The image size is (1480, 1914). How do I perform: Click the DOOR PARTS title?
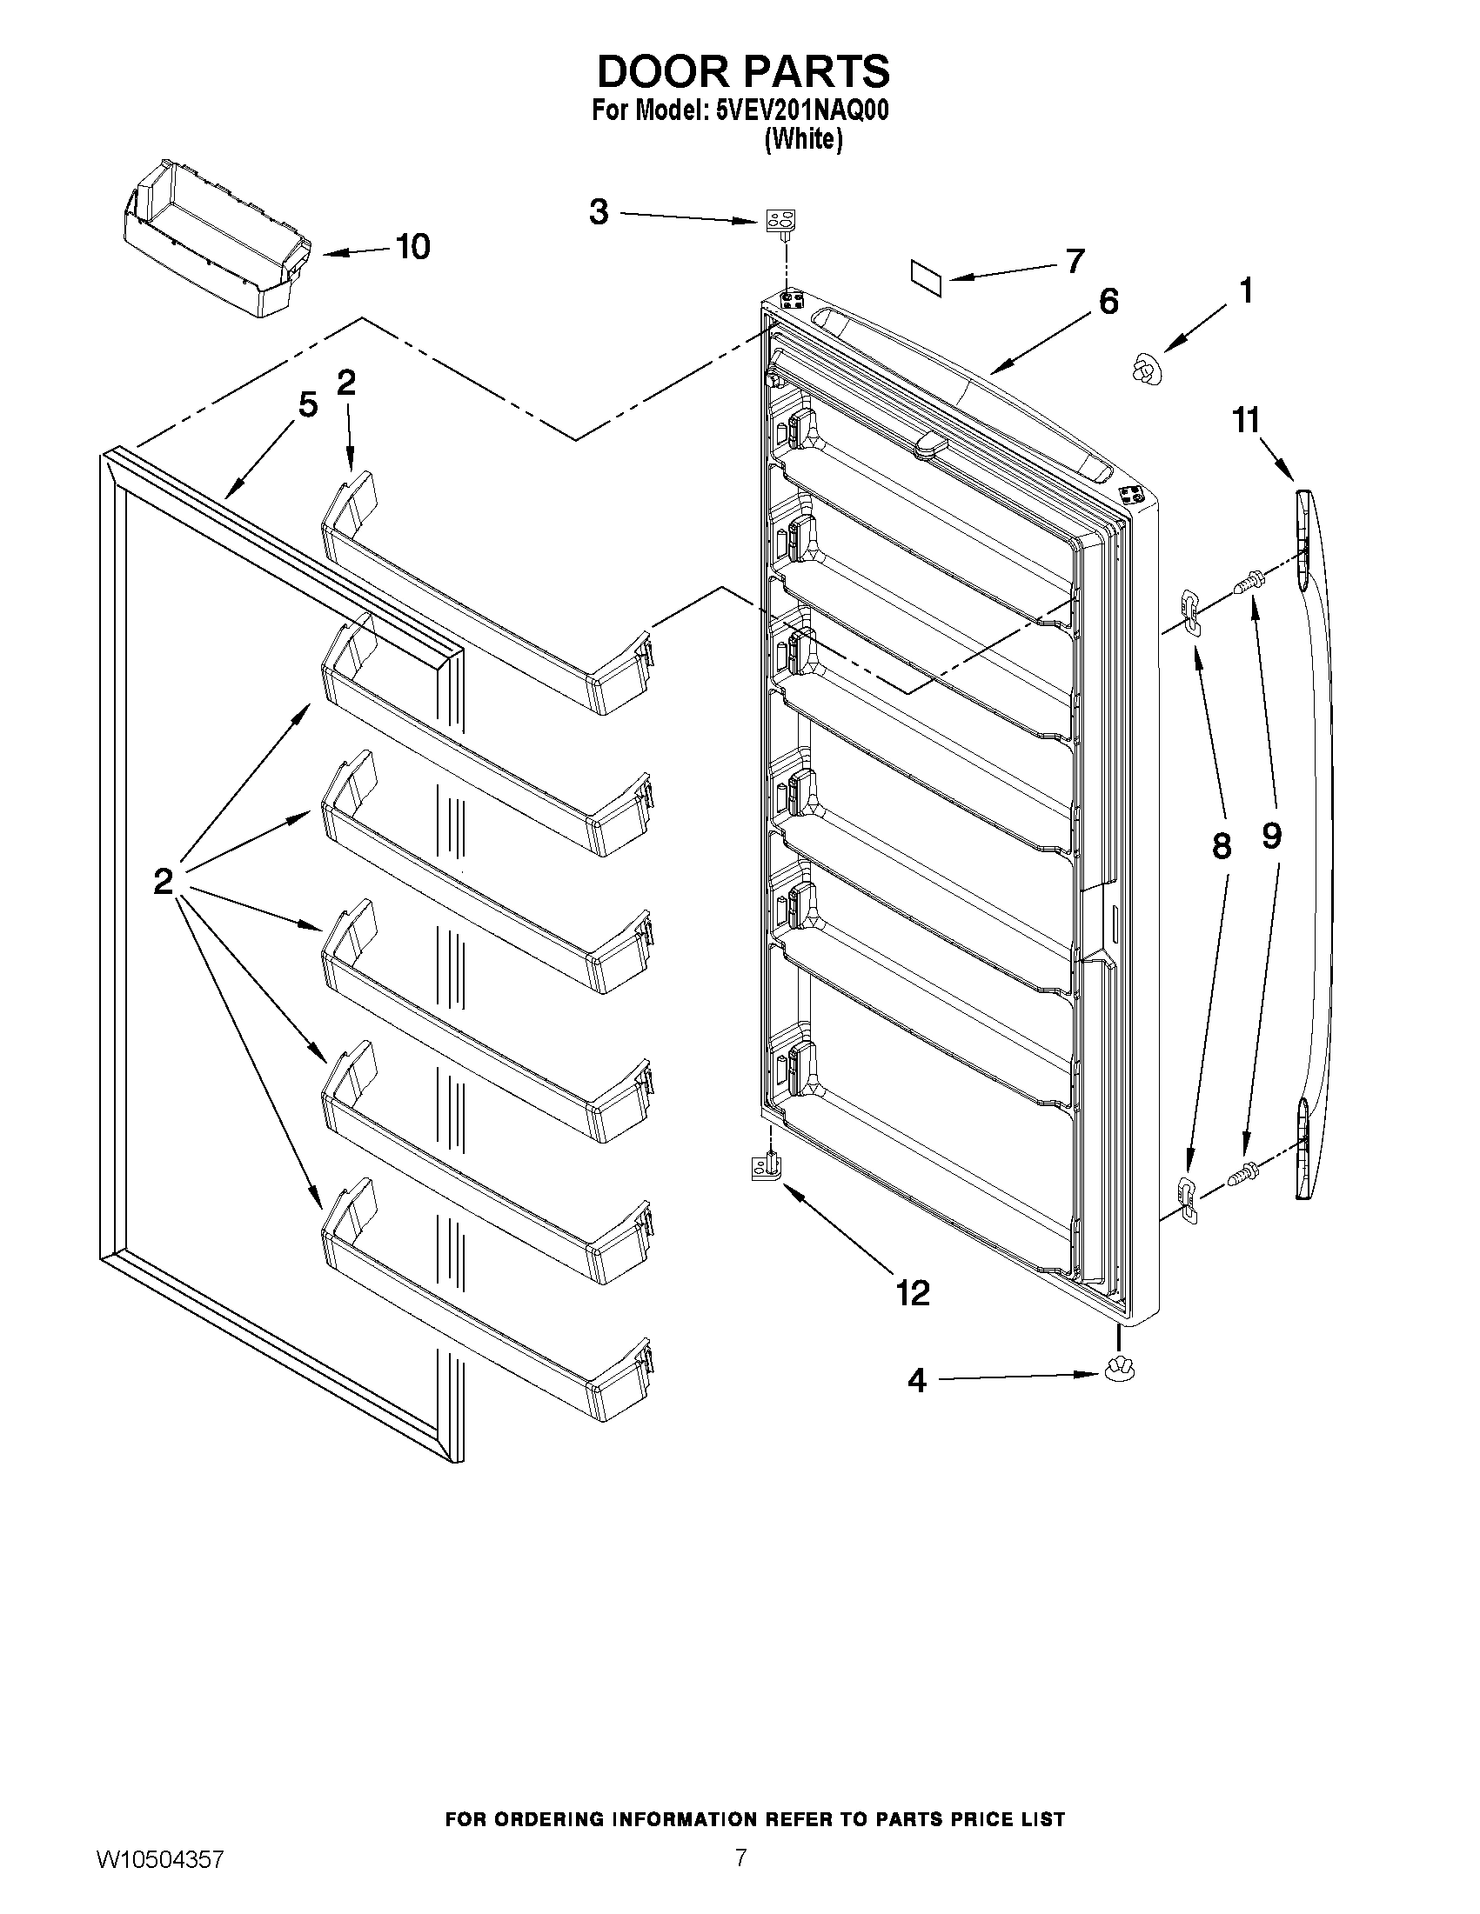click(743, 71)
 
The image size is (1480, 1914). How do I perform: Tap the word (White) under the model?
click(804, 139)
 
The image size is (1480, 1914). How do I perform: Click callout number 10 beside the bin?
click(412, 247)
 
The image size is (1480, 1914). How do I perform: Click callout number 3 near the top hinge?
click(599, 211)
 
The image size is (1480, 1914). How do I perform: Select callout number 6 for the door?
click(1108, 301)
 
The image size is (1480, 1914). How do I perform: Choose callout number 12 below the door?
click(913, 1292)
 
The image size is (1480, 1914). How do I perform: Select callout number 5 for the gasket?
click(307, 405)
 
